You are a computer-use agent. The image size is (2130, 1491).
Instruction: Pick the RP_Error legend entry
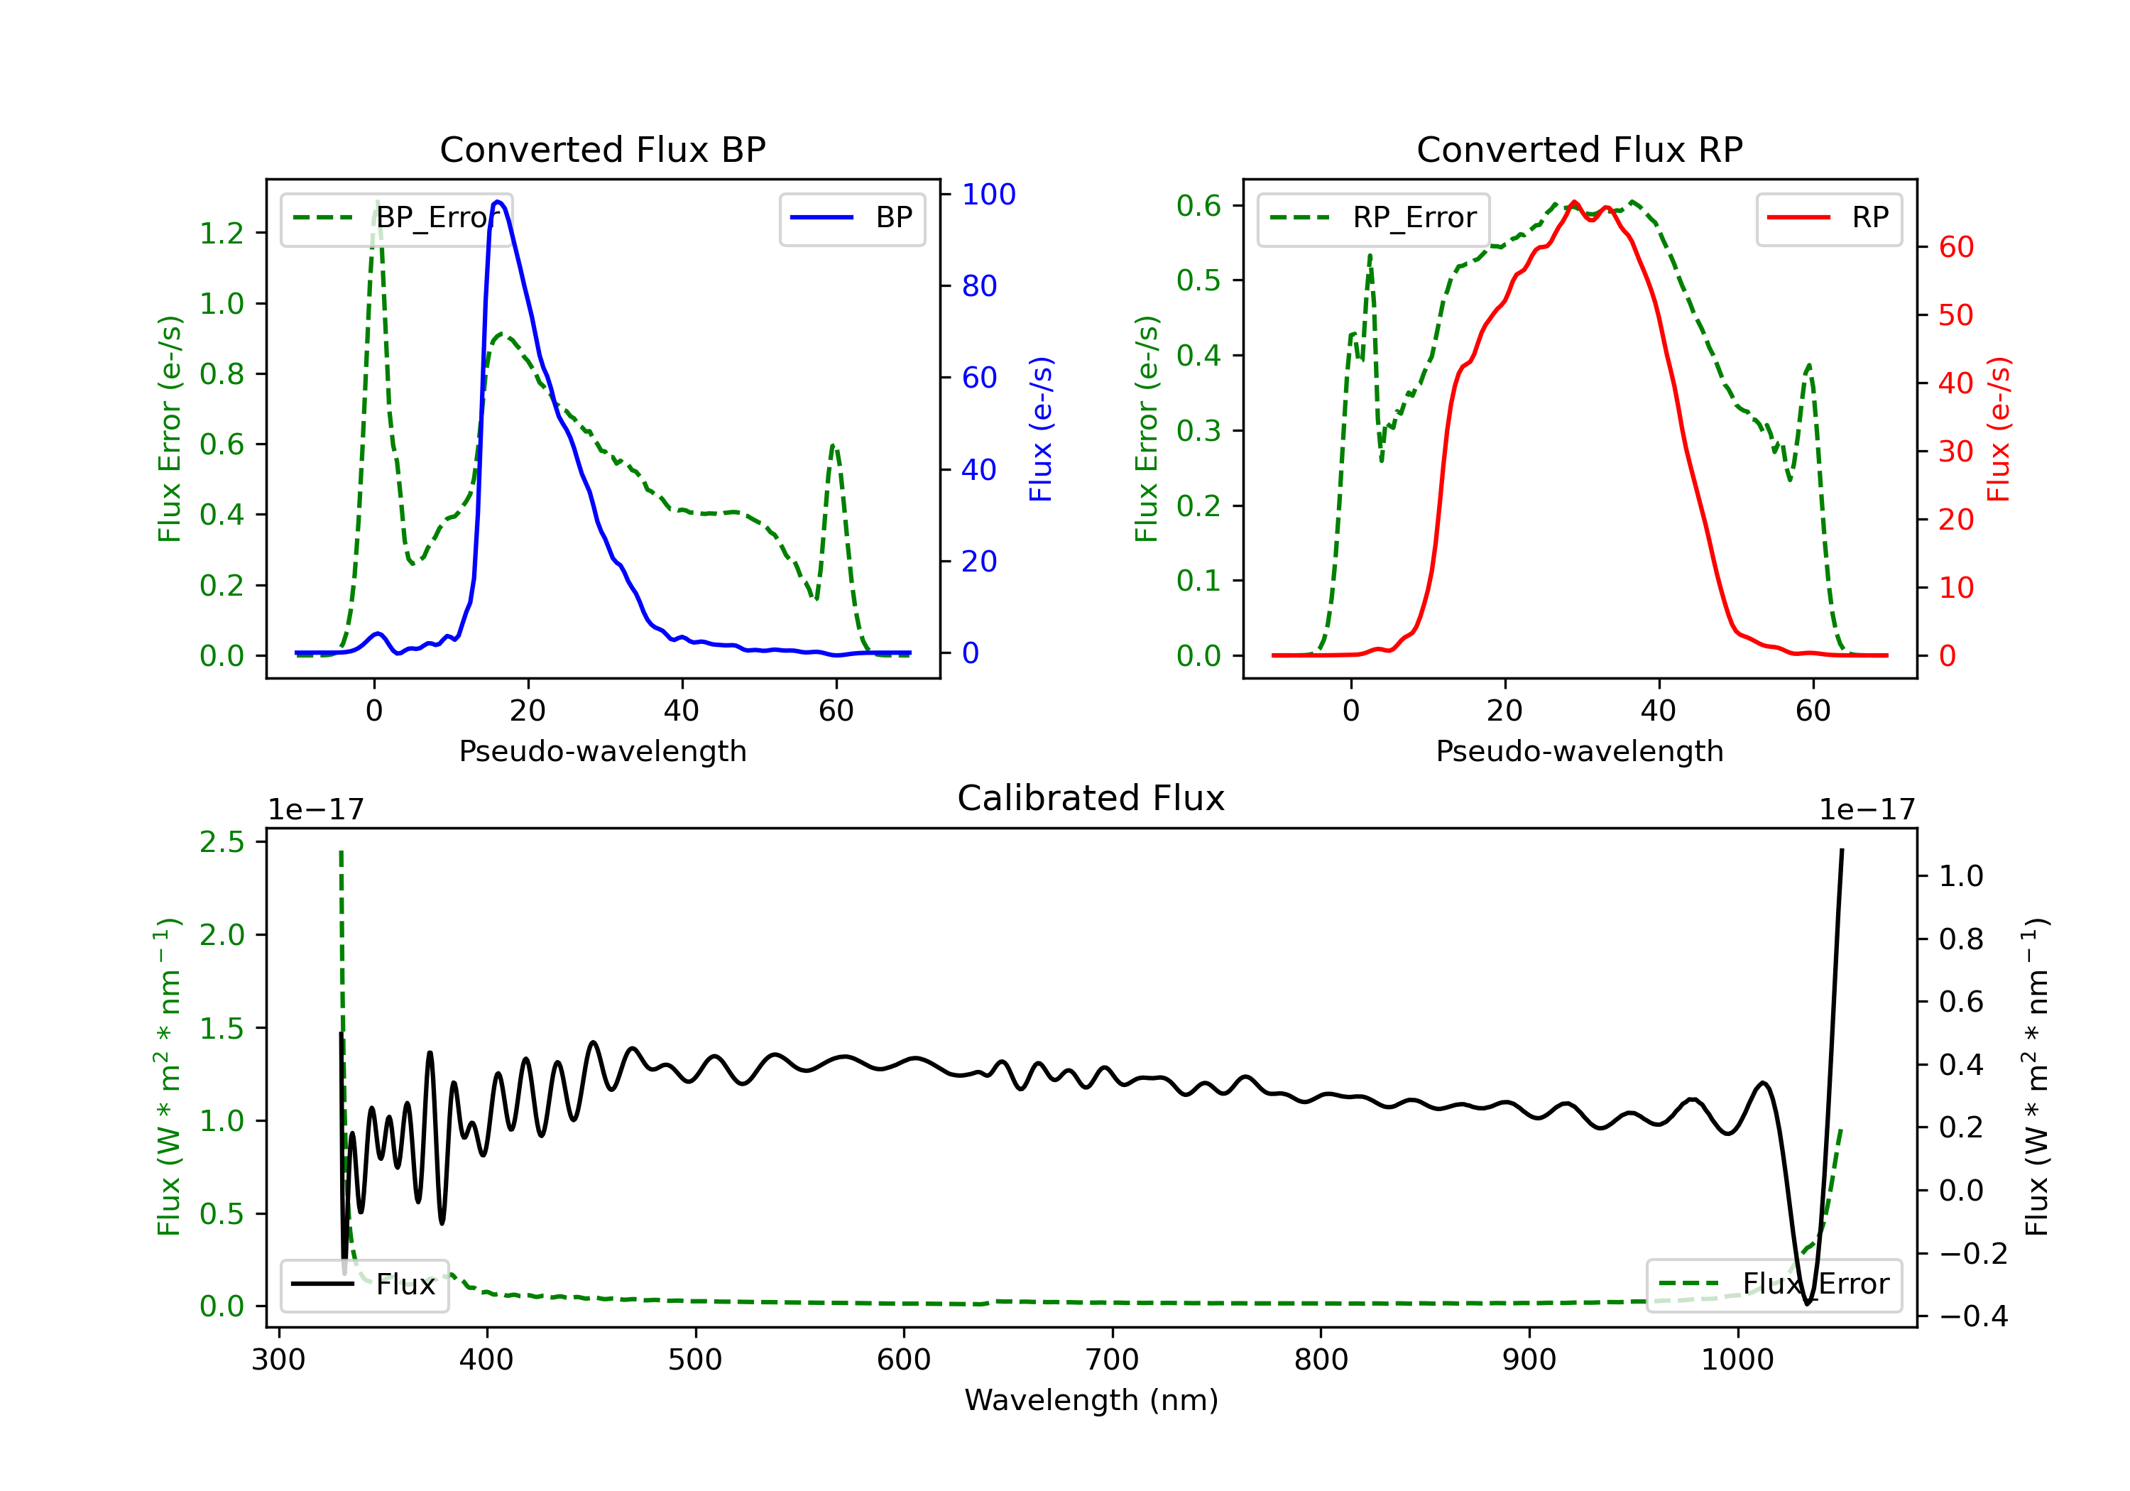(1374, 218)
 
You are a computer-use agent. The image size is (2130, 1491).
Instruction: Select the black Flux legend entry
(365, 1285)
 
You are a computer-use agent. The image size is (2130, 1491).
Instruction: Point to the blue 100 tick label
(988, 195)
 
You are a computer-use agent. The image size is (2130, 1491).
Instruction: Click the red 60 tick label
(1955, 248)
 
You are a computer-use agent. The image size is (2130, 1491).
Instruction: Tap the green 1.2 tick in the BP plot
(222, 234)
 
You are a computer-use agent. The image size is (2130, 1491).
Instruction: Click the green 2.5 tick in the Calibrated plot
(222, 843)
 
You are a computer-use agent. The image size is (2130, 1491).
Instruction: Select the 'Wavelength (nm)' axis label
(1091, 1400)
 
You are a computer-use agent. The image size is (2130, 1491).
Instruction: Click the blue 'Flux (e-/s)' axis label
(1041, 429)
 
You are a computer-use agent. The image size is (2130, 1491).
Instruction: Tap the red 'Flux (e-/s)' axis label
(1998, 429)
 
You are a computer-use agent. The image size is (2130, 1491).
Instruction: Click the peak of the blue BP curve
(498, 202)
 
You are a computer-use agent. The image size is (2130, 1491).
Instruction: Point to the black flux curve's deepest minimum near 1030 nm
(1807, 1304)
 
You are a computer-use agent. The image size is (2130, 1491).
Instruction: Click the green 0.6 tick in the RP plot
(1198, 206)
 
